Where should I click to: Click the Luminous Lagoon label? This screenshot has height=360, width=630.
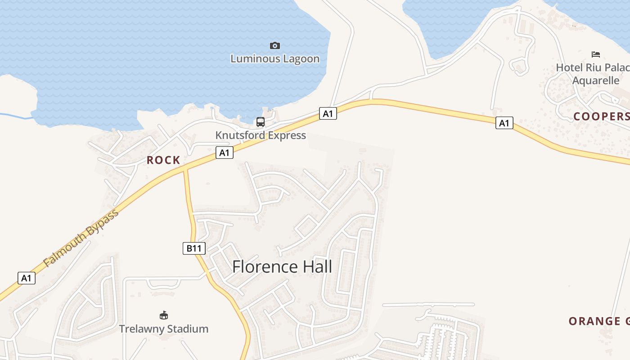(275, 59)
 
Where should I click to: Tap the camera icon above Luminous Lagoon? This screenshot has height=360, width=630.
(275, 45)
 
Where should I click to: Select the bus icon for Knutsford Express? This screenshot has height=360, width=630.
(261, 121)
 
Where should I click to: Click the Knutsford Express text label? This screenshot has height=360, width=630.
(261, 135)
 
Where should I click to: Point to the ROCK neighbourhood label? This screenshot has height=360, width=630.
(163, 160)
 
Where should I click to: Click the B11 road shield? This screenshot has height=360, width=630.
(194, 248)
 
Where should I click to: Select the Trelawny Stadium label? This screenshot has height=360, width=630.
(164, 329)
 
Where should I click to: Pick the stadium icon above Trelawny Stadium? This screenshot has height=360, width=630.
(164, 315)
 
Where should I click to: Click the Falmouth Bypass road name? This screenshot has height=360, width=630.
(81, 237)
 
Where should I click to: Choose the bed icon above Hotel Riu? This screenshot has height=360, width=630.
(596, 54)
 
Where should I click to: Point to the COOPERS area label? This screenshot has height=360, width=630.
(601, 117)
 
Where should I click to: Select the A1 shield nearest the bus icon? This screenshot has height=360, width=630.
(328, 113)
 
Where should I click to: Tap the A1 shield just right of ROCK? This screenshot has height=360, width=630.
(225, 153)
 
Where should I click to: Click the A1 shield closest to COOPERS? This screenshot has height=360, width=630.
(504, 122)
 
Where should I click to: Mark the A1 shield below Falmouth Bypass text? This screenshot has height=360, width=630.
(27, 278)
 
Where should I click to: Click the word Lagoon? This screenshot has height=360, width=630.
(301, 59)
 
